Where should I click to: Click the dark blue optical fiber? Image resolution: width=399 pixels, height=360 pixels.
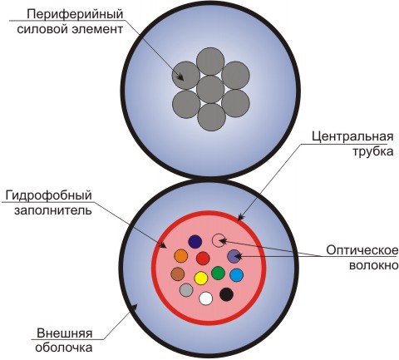coord(195,242)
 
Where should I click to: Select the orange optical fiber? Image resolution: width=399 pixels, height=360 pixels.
coord(181,256)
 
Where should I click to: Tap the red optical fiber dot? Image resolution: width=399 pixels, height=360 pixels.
coord(203,259)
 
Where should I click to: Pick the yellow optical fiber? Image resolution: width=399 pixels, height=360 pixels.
coord(201,279)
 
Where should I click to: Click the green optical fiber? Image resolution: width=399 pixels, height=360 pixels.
coord(218,273)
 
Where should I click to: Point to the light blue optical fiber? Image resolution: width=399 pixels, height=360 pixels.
coord(237,275)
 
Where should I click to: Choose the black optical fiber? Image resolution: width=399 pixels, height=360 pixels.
coord(226,294)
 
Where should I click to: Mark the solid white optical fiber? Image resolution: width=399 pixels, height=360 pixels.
coord(206,298)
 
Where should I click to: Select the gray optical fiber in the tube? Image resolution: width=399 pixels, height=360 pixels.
coord(186,290)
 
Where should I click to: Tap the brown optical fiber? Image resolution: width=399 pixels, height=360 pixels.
coord(178,274)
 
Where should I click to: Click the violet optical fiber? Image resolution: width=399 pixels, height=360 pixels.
coord(234,256)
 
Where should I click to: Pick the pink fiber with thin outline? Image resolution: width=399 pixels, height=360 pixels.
coord(219,240)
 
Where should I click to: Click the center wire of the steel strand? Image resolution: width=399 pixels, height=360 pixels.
coord(210,89)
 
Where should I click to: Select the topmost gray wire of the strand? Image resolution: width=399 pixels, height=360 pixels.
coord(210,62)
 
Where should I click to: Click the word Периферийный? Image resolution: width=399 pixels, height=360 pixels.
coord(75,14)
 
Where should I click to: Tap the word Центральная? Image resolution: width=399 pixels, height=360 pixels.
coord(352,136)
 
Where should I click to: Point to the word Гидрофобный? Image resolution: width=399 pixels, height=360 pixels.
coord(48,195)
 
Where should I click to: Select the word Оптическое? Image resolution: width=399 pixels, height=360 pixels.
coord(362,251)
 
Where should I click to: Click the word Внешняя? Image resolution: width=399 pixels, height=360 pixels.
coord(64,333)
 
